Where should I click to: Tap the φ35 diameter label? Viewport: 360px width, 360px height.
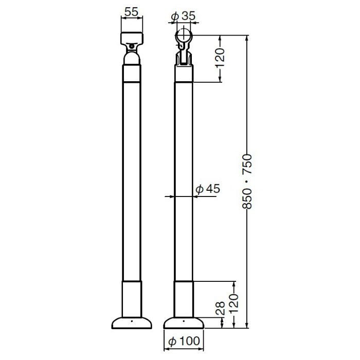[183, 16]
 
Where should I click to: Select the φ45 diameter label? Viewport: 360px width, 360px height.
[208, 189]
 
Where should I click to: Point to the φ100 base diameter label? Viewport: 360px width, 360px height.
[184, 341]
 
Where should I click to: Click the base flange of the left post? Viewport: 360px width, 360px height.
[132, 324]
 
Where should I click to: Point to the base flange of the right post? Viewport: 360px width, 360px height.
[184, 324]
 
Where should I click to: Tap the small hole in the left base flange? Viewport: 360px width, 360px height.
[132, 322]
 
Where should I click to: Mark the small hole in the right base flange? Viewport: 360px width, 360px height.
[184, 322]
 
